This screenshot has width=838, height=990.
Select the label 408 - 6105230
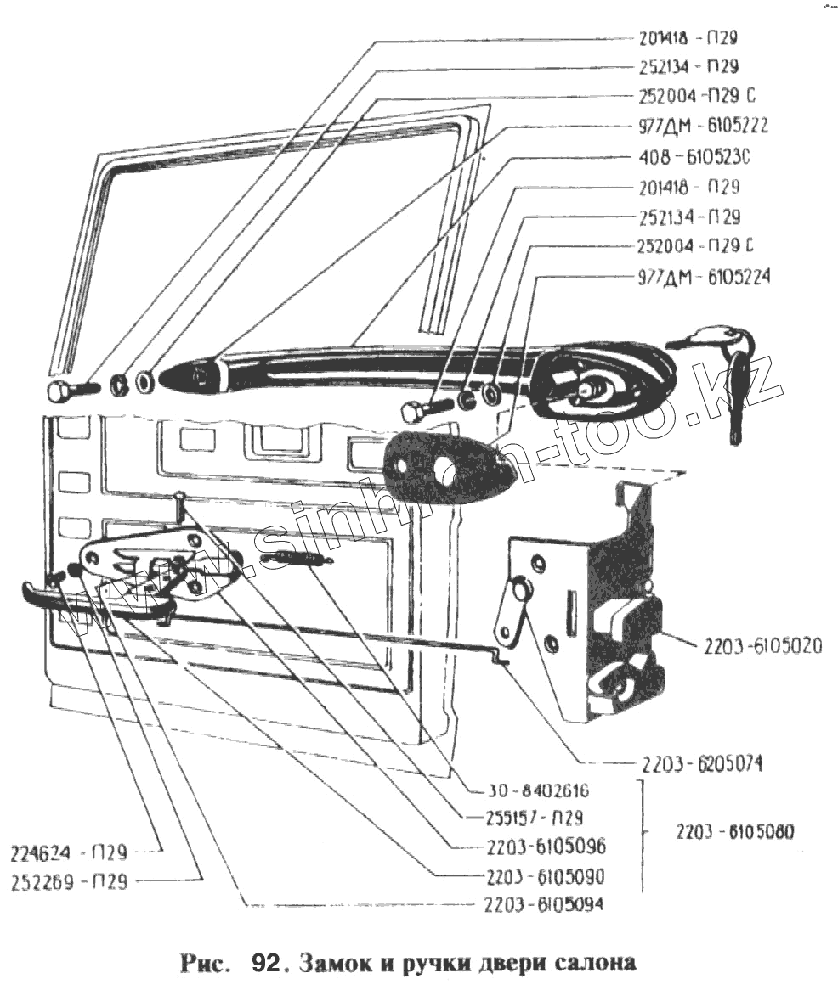click(695, 157)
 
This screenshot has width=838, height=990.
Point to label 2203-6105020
click(762, 647)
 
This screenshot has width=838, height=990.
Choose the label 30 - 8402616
click(528, 791)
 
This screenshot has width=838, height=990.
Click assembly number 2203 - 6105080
click(736, 832)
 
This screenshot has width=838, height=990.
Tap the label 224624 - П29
click(70, 852)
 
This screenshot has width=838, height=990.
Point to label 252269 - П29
click(70, 881)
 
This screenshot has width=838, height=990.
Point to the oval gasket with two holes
click(444, 462)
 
